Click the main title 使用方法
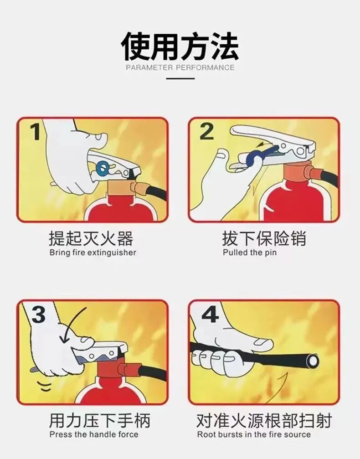180,46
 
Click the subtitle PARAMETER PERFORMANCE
180,68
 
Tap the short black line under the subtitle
180,78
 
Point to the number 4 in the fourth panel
210,314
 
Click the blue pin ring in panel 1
103,168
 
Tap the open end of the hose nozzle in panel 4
313,361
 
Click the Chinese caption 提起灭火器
91,238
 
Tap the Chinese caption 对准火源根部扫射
264,420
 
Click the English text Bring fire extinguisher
93,253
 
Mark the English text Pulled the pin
249,253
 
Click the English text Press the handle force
93,434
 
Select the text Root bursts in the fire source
254,434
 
